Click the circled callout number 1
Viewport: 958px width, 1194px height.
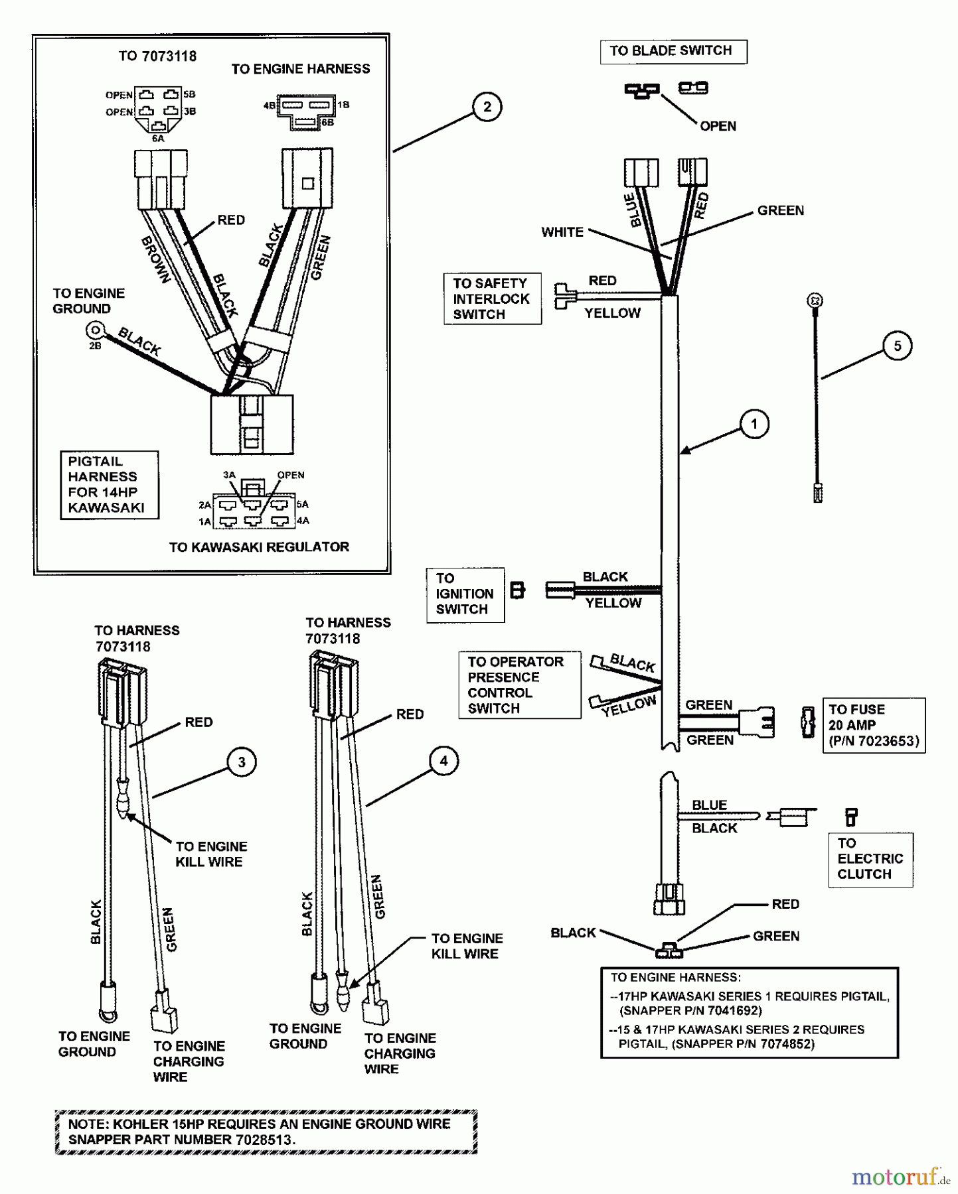pyautogui.click(x=754, y=424)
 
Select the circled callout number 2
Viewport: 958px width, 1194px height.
pyautogui.click(x=487, y=107)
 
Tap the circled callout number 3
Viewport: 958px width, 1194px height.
pyautogui.click(x=242, y=762)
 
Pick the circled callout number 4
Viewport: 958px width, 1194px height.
pyautogui.click(x=443, y=761)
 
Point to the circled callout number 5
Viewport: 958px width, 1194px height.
pyautogui.click(x=898, y=346)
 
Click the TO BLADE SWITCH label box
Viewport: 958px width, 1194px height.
pyautogui.click(x=673, y=51)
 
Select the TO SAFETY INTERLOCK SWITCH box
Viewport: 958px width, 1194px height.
pyautogui.click(x=492, y=298)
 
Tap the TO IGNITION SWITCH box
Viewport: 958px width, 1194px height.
pyautogui.click(x=465, y=594)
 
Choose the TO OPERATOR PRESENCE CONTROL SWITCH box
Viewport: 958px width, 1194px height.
pyautogui.click(x=519, y=685)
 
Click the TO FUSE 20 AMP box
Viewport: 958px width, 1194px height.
pyautogui.click(x=873, y=725)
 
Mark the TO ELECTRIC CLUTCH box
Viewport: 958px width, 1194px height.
pyautogui.click(x=870, y=859)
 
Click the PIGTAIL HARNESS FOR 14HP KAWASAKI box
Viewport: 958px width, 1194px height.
pyautogui.click(x=109, y=485)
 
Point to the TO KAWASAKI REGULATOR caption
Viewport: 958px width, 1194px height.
pyautogui.click(x=259, y=547)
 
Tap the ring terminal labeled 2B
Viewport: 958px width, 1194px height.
pyautogui.click(x=95, y=330)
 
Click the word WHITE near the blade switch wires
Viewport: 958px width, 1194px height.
pyautogui.click(x=562, y=232)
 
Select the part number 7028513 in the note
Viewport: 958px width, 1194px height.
pyautogui.click(x=263, y=1140)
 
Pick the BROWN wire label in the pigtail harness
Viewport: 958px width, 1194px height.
pyautogui.click(x=157, y=260)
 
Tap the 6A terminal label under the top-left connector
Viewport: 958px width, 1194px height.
pyautogui.click(x=158, y=139)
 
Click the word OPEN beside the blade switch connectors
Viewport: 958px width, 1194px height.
pyautogui.click(x=718, y=126)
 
